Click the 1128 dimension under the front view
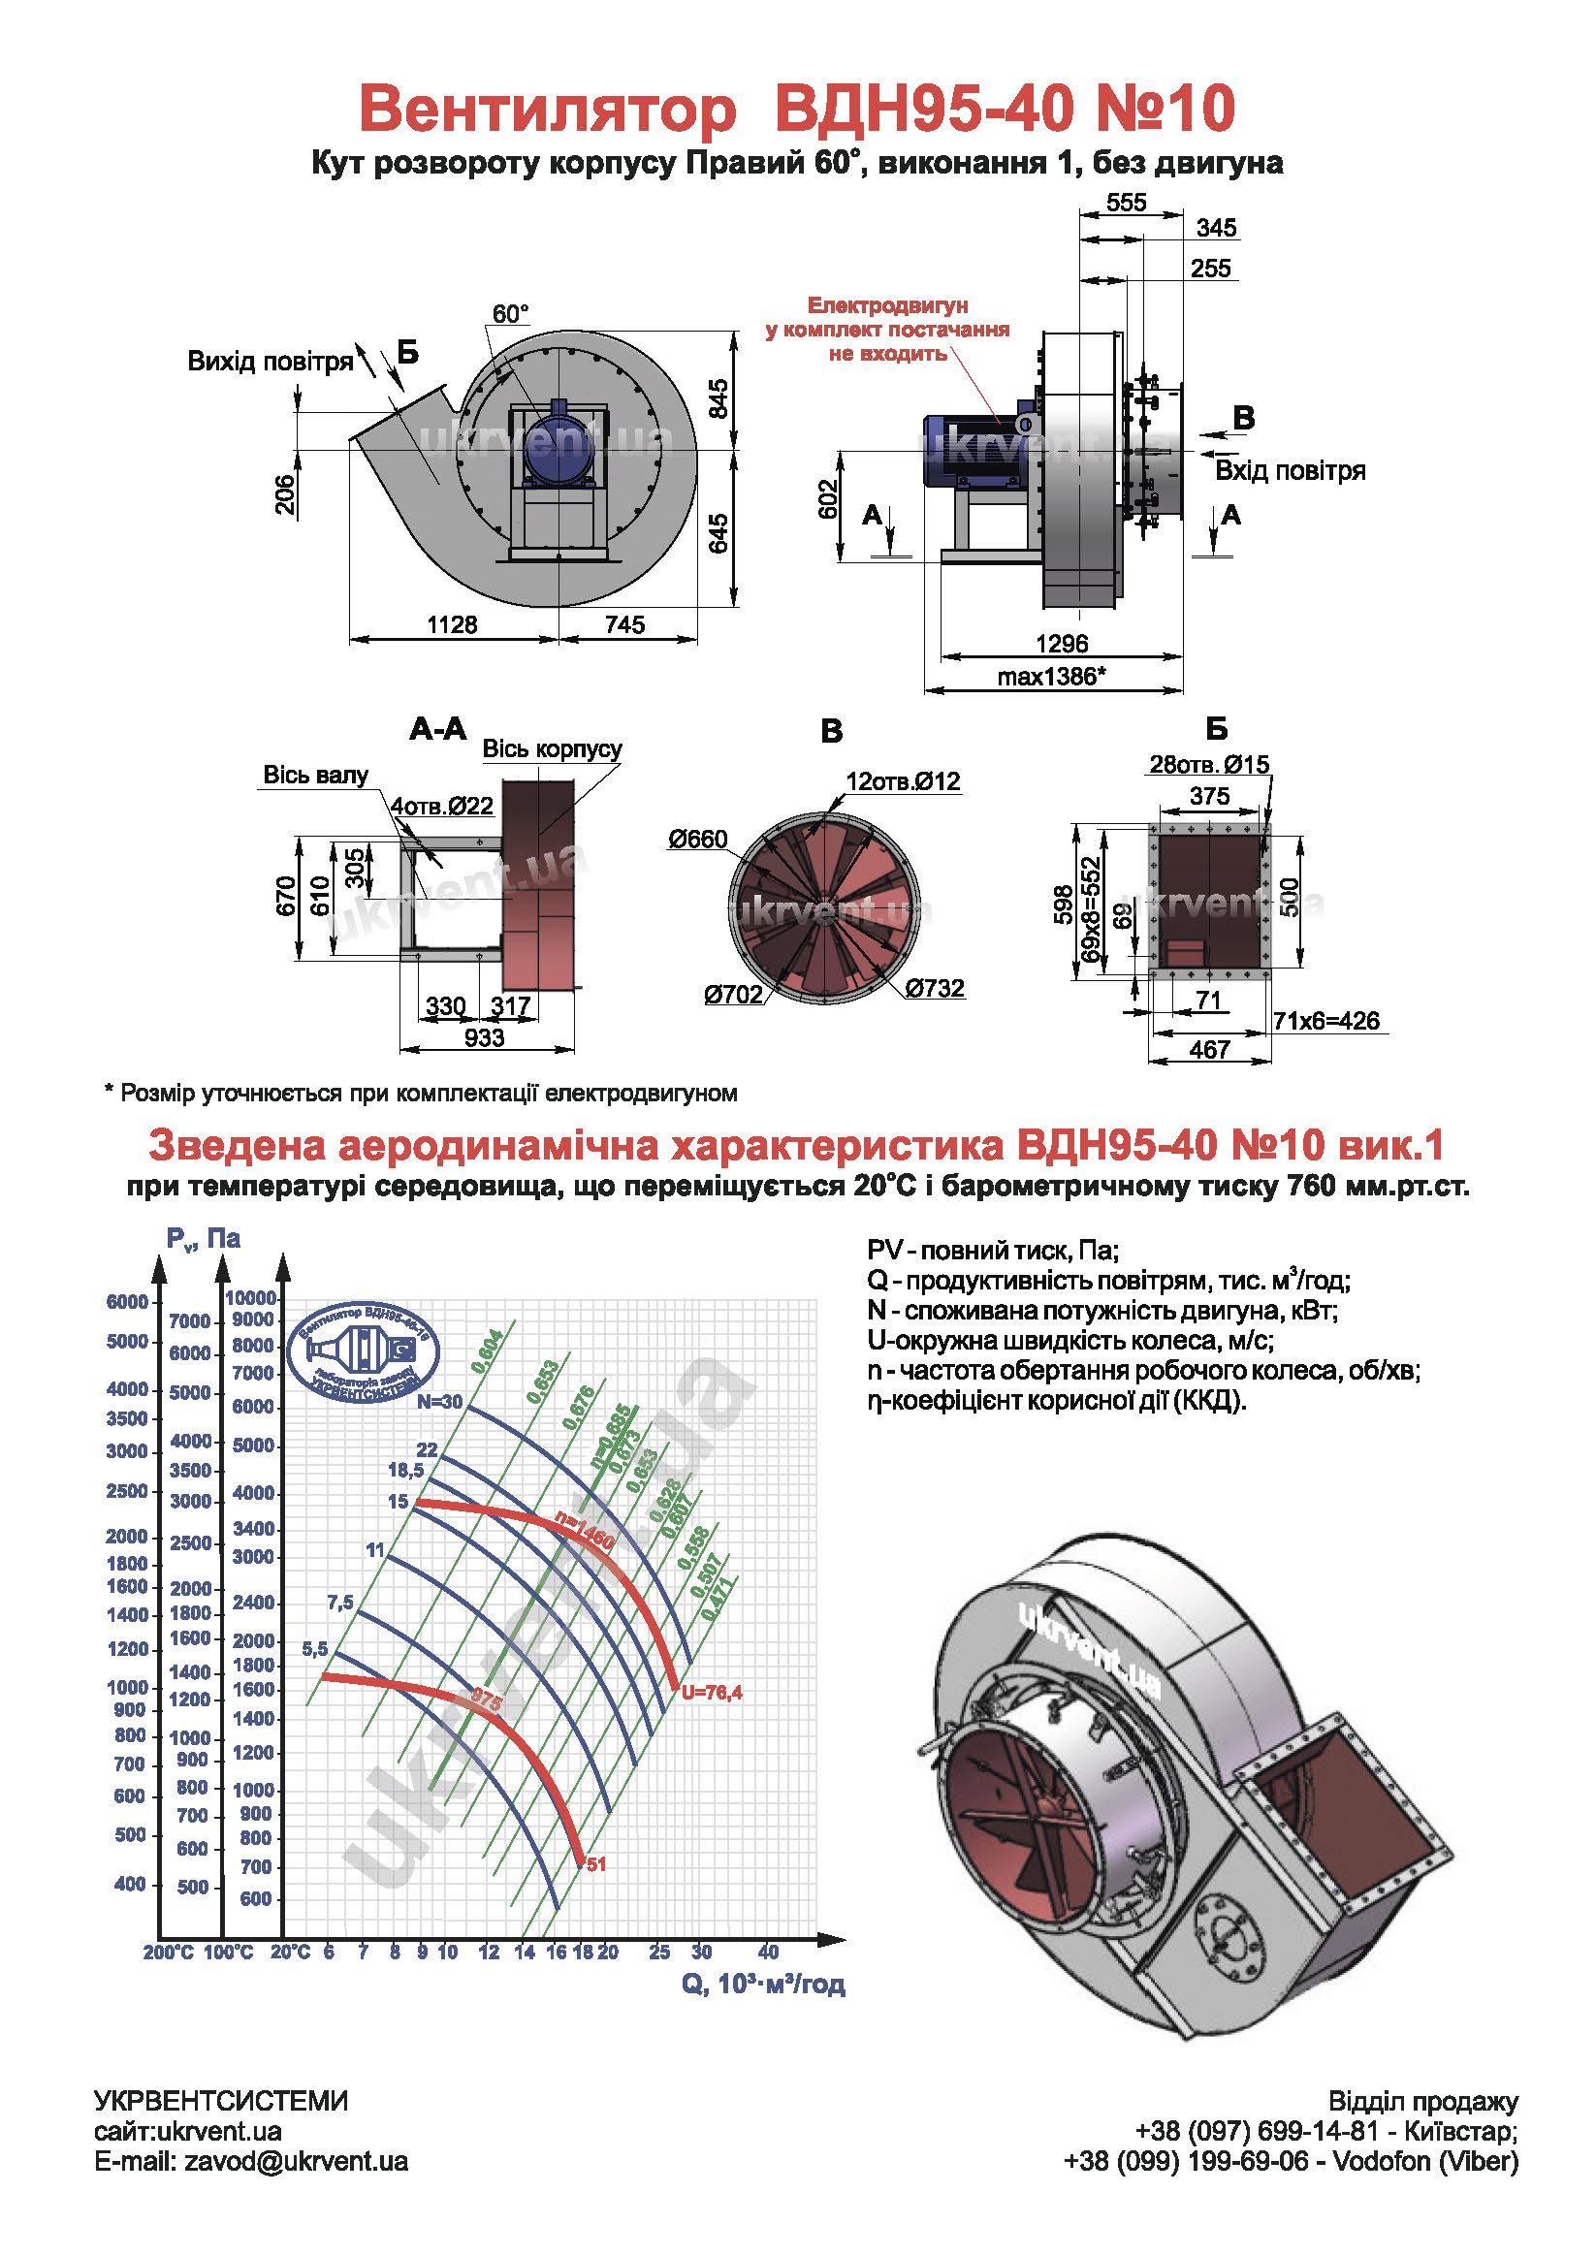coord(452,625)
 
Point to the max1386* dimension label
coord(1051,677)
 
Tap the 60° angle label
coord(510,313)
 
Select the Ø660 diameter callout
coord(698,840)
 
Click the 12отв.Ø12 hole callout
coord(902,782)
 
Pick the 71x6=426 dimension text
coord(1325,1021)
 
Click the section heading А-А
coord(438,729)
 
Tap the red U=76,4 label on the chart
coord(712,1692)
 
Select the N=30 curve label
coord(439,1402)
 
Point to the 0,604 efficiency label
coord(487,1351)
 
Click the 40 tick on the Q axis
coord(768,1953)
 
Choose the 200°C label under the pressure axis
coord(168,1953)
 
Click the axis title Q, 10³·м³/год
coord(763,1984)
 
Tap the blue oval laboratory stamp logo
coord(364,1351)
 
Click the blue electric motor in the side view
coord(973,452)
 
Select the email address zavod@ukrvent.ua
coord(296,2161)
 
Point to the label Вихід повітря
coord(271,362)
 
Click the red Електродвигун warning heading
coord(887,305)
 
